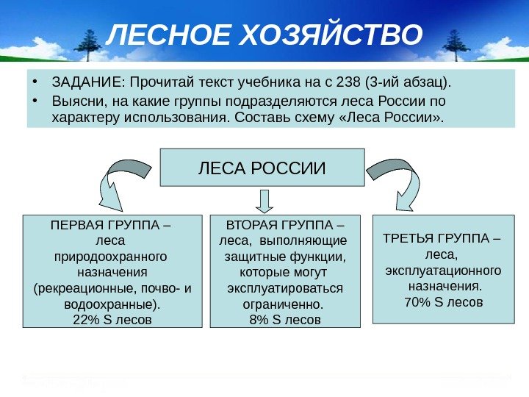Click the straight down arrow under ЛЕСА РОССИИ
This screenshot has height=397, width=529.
tap(265, 200)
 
